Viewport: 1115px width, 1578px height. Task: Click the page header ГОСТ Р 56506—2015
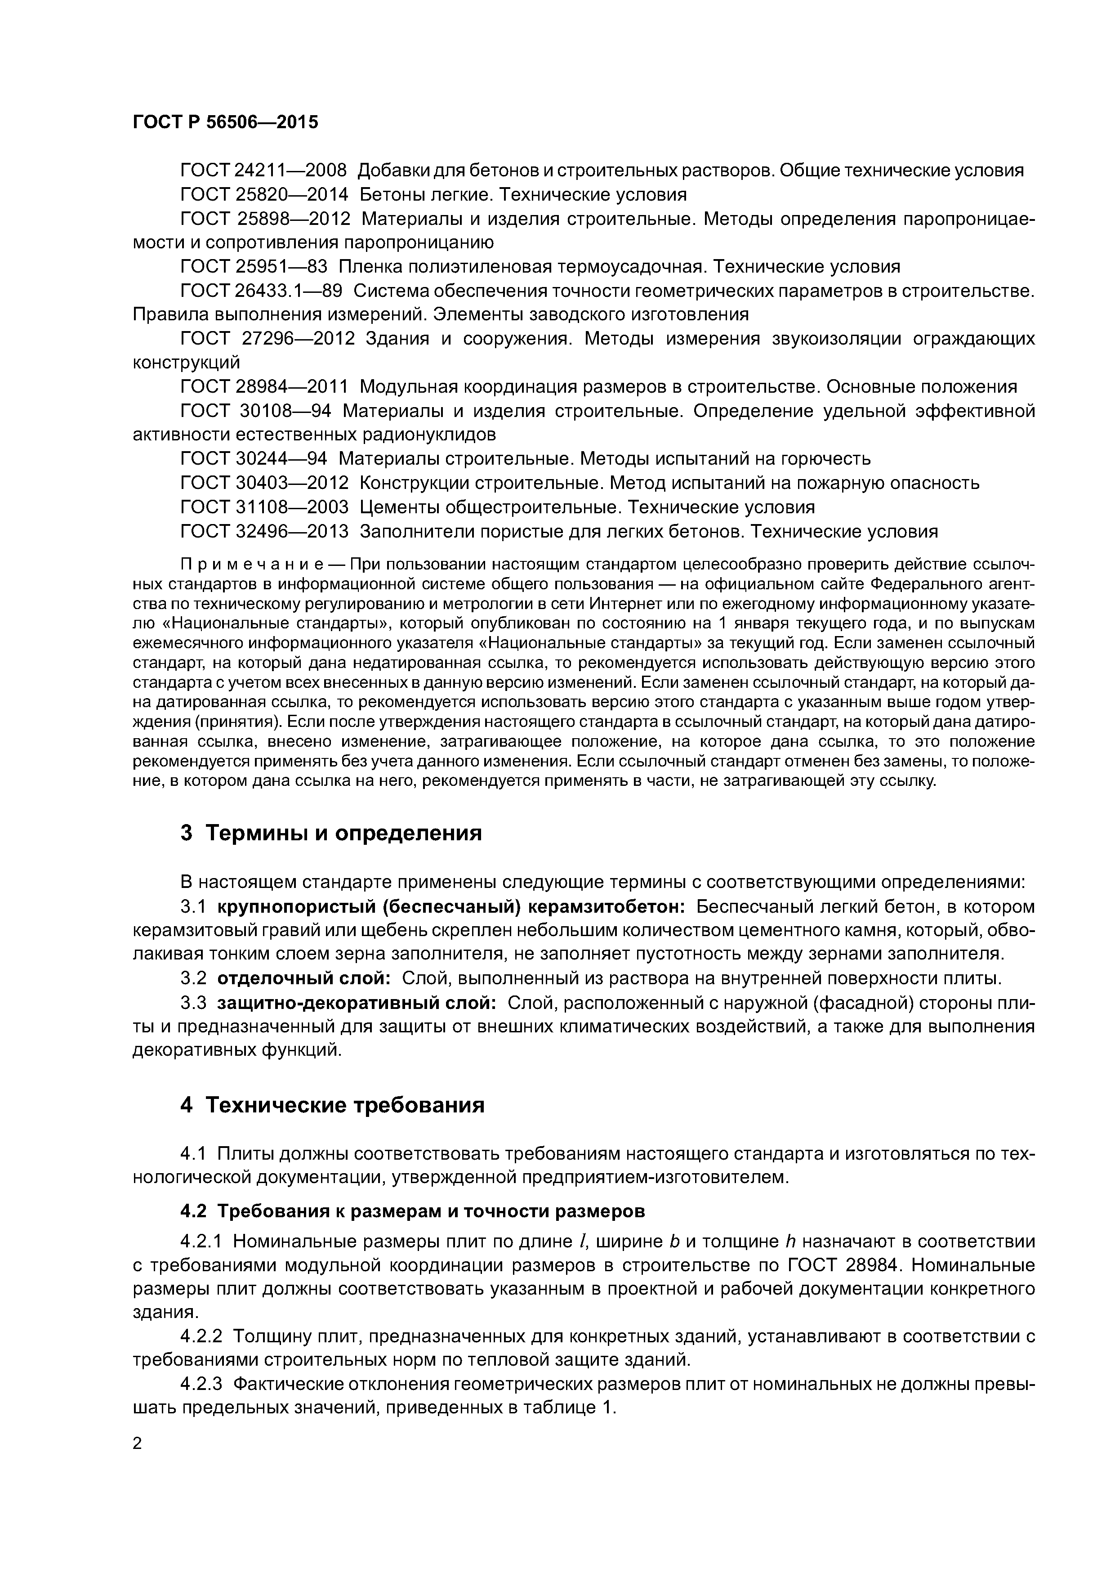click(225, 122)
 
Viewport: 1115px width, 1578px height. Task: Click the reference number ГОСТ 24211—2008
click(264, 170)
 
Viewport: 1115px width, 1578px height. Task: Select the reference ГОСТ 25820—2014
click(264, 194)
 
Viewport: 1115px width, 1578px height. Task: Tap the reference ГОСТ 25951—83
click(254, 267)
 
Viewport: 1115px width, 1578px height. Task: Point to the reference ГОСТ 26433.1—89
click(261, 291)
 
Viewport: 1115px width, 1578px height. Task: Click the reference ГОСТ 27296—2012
click(267, 339)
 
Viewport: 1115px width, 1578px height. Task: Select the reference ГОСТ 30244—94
click(254, 458)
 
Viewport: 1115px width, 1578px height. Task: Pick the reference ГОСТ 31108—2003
click(264, 507)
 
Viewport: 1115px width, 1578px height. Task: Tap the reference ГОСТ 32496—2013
click(264, 531)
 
